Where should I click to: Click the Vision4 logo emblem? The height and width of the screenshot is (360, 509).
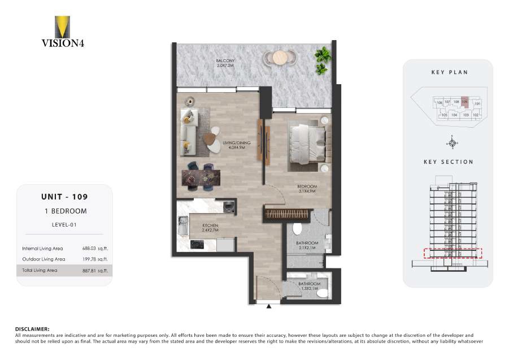pyautogui.click(x=62, y=27)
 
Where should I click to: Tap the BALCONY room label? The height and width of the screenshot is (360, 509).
pyautogui.click(x=225, y=60)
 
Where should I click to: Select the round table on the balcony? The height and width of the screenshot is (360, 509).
pyautogui.click(x=280, y=57)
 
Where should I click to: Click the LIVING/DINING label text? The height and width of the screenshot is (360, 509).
pyautogui.click(x=236, y=144)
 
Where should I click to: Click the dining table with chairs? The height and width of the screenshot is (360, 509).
pyautogui.click(x=199, y=177)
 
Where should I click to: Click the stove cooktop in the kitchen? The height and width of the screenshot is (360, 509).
pyautogui.click(x=197, y=245)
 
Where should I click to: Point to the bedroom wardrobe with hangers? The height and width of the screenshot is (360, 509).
pyautogui.click(x=287, y=215)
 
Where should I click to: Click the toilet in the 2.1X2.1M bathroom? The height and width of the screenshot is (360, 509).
pyautogui.click(x=298, y=229)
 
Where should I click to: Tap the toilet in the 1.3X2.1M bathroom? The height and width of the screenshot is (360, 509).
pyautogui.click(x=322, y=293)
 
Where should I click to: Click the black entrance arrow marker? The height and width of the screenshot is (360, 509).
pyautogui.click(x=269, y=307)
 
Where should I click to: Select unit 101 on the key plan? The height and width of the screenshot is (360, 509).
pyautogui.click(x=477, y=104)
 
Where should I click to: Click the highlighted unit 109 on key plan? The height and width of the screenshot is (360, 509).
pyautogui.click(x=464, y=102)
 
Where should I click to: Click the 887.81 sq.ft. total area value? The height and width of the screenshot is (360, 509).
pyautogui.click(x=94, y=271)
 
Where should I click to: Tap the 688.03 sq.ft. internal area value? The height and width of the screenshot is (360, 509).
pyautogui.click(x=94, y=248)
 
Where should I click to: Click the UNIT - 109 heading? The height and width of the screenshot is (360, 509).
pyautogui.click(x=64, y=197)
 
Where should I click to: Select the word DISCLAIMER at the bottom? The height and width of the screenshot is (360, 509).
pyautogui.click(x=32, y=328)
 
